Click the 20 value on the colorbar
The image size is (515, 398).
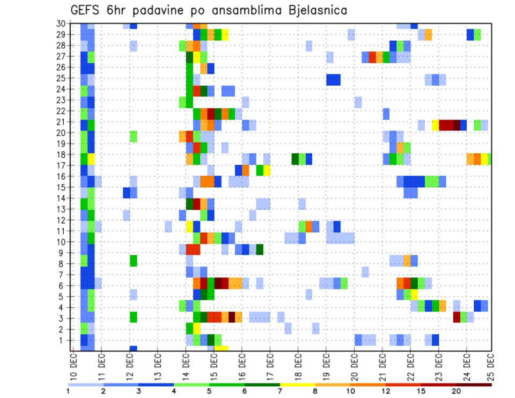click(x=457, y=391)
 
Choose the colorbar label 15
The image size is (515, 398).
click(x=421, y=391)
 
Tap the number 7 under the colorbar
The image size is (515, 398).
click(x=280, y=391)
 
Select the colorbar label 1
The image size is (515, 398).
click(x=68, y=391)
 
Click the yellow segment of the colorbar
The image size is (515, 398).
click(x=298, y=384)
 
